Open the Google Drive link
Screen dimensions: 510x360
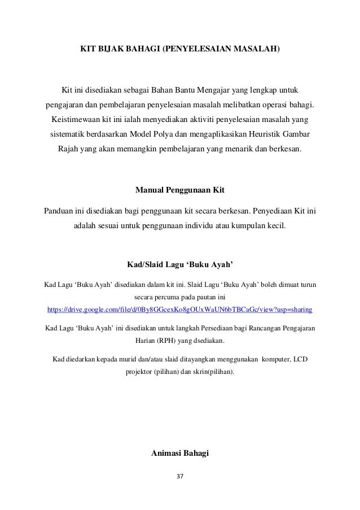coord(179,310)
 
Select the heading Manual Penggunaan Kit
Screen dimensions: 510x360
coord(180,188)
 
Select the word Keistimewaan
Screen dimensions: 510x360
coord(76,120)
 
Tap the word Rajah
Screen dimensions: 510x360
coord(68,151)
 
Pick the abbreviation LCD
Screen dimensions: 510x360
coord(310,359)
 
